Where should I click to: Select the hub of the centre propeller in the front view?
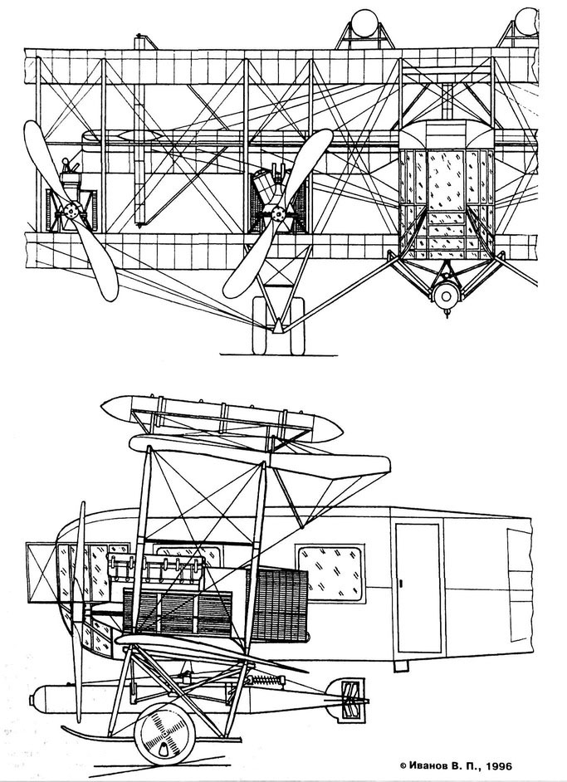(x=278, y=215)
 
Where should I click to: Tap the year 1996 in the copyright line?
(x=499, y=766)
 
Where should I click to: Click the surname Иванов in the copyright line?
(x=429, y=766)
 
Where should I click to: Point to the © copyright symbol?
(x=403, y=766)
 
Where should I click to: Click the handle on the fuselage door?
(x=401, y=583)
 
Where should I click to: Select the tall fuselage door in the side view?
(x=418, y=588)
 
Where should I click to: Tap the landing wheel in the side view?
(x=164, y=734)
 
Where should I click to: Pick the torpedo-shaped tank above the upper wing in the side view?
(x=222, y=418)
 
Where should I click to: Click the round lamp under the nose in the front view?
(x=446, y=297)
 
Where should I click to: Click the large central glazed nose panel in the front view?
(x=446, y=180)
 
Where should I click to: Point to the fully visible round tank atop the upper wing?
(x=364, y=23)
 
